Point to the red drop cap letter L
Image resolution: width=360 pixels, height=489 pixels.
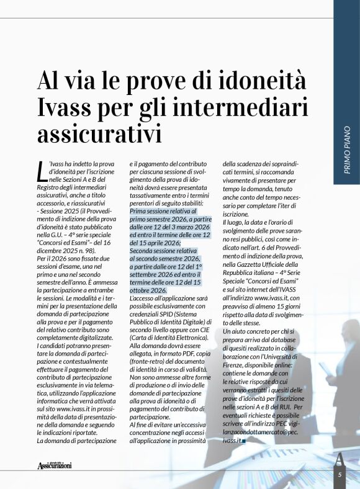pyautogui.click(x=42, y=168)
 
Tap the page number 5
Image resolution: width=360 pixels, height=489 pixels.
pyautogui.click(x=340, y=475)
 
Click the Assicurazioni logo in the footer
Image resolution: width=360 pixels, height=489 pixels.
pyautogui.click(x=55, y=464)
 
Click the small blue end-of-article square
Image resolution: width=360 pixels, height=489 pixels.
pyautogui.click(x=245, y=441)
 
